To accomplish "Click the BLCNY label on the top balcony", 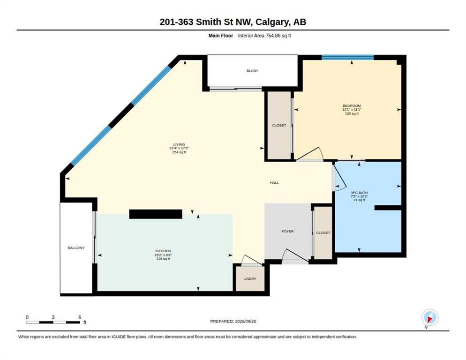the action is pos(252,71).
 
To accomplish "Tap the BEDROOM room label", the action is pos(352,106).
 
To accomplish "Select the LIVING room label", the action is pos(179,144).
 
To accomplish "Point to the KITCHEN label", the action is pos(163,251).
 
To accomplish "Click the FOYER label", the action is pos(287,231).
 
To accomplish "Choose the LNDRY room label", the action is pos(250,279).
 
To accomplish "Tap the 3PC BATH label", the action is pos(359,193).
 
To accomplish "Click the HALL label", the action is pos(274,183).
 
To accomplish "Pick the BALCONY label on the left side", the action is pos(76,247).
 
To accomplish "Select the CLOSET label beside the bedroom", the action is pos(279,126).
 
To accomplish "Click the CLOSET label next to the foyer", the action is pos(323,233).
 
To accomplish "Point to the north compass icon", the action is pos(430,318).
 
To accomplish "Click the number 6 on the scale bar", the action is pos(80,317).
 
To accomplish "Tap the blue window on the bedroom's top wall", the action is pos(347,57).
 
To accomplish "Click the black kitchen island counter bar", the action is pos(156,214).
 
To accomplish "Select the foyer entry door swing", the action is pos(294,256).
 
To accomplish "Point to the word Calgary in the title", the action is pos(272,22).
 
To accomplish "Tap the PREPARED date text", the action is pos(233,322).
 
